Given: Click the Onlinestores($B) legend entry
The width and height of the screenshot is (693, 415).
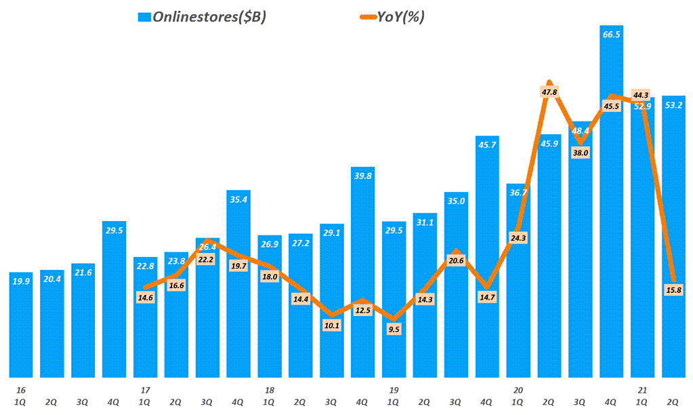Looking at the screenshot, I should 201,18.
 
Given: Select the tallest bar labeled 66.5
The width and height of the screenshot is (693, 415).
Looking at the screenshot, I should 611,203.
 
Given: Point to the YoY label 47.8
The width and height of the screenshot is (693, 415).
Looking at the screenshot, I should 549,92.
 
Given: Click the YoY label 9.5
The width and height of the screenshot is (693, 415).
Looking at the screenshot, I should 394,329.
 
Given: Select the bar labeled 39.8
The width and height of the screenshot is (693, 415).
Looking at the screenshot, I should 362,271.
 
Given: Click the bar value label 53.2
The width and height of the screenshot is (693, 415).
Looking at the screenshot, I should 673,105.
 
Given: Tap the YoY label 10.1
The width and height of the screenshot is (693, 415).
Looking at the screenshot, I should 331,325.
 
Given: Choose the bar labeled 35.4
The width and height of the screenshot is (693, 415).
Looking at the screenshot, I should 238,285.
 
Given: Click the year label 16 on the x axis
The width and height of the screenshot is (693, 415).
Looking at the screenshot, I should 20,391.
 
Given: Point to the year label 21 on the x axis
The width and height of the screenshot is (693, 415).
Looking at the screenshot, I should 642,391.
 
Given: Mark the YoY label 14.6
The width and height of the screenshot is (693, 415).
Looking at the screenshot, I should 145,296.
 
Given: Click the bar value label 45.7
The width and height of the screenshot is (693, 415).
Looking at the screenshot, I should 487,145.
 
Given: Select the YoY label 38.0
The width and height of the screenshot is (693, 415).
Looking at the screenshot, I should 580,153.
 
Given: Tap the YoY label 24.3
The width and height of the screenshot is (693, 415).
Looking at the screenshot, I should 518,237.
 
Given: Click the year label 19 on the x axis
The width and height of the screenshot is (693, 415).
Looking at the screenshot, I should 394,391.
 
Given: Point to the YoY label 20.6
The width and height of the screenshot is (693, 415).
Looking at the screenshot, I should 456,260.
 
